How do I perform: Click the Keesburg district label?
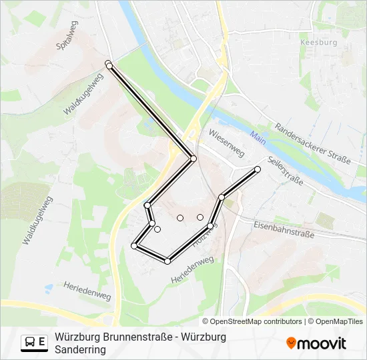point(320,42)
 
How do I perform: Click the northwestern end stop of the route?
point(109,64)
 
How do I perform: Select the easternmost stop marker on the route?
point(258,169)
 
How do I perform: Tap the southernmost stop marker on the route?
point(167,261)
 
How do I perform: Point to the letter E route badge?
point(43,342)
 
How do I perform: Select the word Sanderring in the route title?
point(81,349)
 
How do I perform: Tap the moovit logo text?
point(322,343)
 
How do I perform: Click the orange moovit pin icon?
point(292,343)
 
